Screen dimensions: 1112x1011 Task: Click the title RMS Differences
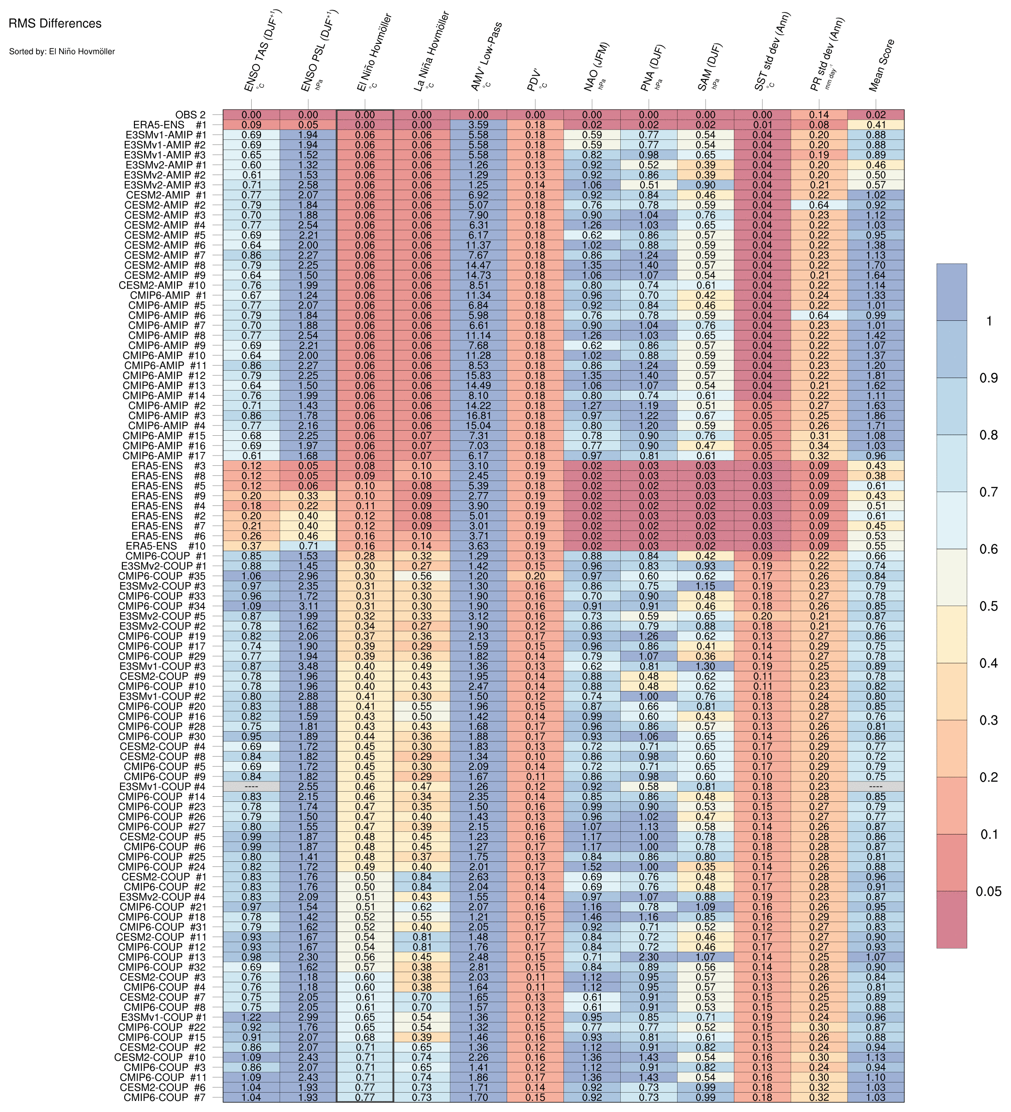55,24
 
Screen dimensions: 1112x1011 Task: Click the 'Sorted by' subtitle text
62,51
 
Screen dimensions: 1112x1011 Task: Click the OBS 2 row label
190,115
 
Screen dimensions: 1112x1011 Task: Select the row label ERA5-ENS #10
165,546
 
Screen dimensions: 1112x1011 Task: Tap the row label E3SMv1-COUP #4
163,787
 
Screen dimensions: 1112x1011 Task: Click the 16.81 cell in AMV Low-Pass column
478,415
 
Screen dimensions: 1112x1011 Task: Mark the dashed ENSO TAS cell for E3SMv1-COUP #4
251,787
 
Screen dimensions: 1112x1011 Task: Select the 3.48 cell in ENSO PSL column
308,666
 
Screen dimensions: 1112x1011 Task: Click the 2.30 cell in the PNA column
649,957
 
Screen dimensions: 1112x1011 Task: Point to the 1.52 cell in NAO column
592,866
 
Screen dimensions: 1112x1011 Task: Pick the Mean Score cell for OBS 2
876,115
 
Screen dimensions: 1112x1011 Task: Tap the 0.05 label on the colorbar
988,891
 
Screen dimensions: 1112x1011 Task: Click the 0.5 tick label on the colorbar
988,606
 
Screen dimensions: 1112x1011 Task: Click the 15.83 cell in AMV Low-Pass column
478,376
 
